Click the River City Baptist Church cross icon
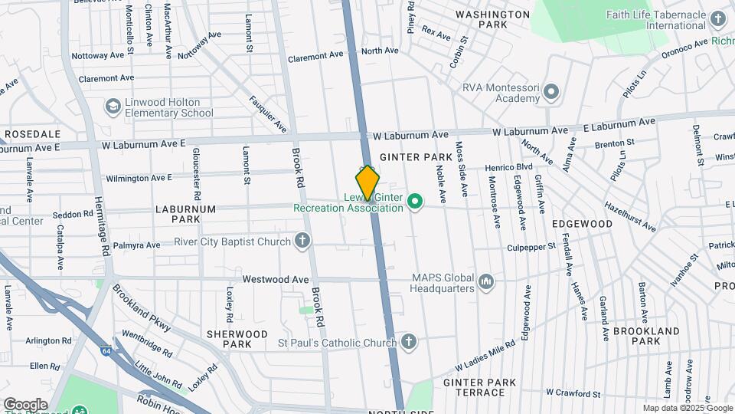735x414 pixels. [x=303, y=242]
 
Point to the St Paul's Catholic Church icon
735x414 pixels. [x=409, y=341]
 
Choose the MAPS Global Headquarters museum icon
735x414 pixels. [x=485, y=283]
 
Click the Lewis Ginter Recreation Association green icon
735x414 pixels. [x=415, y=202]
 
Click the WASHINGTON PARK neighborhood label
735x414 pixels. [x=482, y=19]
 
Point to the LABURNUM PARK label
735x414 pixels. [x=178, y=213]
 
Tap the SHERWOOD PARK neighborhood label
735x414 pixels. [x=237, y=339]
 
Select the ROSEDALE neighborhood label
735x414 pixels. [x=27, y=133]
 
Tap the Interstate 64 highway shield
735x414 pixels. [x=105, y=351]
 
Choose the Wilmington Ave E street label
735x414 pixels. [x=139, y=178]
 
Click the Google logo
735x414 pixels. [x=25, y=404]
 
